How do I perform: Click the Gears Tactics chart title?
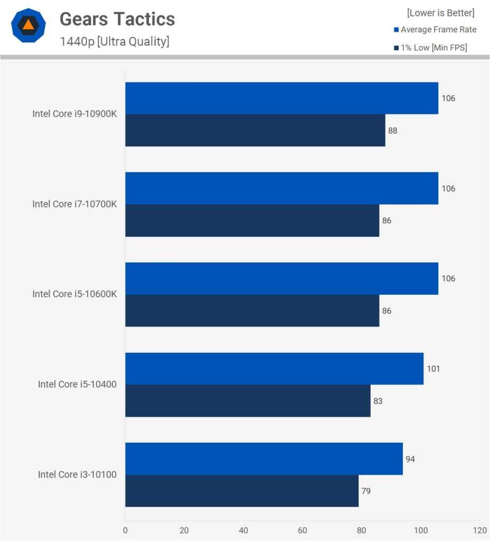tap(117, 20)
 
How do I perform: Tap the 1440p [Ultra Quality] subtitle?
tap(115, 42)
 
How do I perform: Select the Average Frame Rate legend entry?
tap(435, 30)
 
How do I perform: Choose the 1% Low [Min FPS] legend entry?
tap(430, 48)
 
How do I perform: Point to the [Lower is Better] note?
tap(440, 13)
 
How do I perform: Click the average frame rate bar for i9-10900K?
tap(281, 98)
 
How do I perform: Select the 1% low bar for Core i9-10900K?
tap(255, 130)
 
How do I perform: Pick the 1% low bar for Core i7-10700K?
tap(252, 220)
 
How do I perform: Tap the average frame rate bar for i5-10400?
tap(274, 369)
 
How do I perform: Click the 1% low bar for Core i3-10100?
tap(242, 491)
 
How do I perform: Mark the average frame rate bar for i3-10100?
tap(264, 459)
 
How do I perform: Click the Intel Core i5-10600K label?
tap(74, 294)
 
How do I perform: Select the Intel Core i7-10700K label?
tap(74, 204)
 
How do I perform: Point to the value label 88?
tap(393, 130)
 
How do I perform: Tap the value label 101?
tap(434, 369)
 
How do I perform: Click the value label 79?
tap(366, 491)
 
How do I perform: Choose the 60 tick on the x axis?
tap(303, 530)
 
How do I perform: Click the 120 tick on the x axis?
tap(479, 530)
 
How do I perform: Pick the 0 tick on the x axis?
tap(125, 530)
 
